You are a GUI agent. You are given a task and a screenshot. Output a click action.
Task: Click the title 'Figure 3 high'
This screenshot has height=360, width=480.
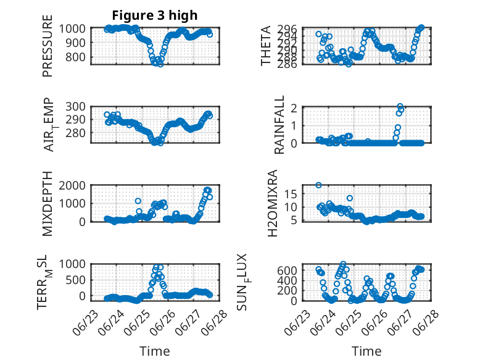point(155,15)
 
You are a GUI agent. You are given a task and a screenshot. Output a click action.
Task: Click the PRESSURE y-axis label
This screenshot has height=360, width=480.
point(48,46)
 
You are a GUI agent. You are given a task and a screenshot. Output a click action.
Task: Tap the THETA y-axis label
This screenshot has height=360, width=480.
point(266,46)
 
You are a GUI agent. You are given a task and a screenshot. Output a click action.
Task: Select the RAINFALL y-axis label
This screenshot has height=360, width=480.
point(279,125)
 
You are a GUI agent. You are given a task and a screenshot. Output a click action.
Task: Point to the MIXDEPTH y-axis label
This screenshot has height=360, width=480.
point(48,203)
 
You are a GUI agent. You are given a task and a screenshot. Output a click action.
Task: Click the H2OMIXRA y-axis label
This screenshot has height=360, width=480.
point(273,203)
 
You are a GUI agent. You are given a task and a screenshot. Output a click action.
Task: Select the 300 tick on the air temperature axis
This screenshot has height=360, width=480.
point(75,107)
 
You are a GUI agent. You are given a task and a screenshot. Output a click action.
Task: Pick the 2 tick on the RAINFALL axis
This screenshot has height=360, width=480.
point(294,108)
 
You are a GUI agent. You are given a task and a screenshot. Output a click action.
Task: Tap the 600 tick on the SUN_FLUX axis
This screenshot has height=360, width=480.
point(287,270)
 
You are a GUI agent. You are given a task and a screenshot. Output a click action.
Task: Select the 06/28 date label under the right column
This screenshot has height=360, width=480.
point(426,323)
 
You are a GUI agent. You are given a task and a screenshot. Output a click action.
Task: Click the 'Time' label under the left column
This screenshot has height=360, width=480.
point(155,351)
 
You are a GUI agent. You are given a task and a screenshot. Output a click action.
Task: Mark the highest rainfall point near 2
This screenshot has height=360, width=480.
point(400,106)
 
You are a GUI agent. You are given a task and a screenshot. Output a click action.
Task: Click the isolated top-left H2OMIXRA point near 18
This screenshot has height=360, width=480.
point(318,185)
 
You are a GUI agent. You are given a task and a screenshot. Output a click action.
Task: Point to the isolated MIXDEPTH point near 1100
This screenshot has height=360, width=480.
point(138,201)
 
